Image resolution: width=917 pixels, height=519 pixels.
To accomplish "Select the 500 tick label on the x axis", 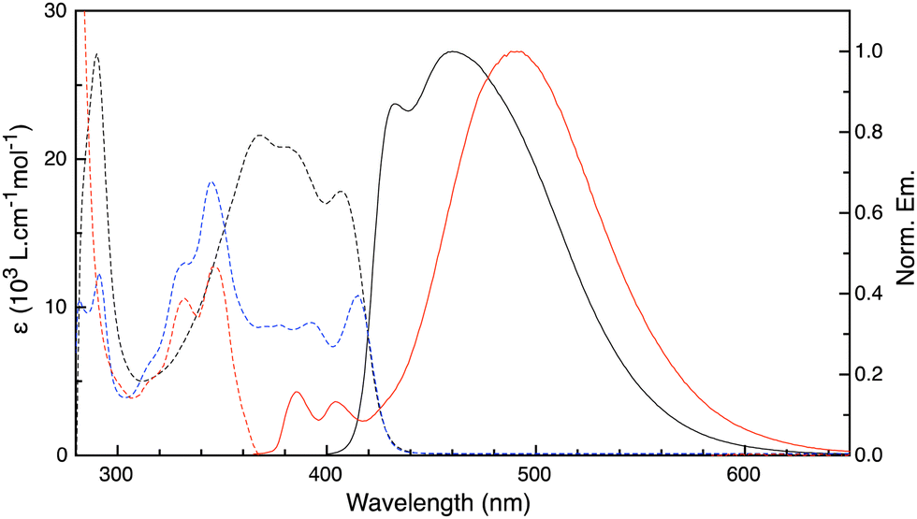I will point(535,477).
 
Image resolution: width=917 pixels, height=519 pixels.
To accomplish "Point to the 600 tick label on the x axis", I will point(744,477).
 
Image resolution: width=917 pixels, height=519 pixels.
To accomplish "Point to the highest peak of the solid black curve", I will point(453,51).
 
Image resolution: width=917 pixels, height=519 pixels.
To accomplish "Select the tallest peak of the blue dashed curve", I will point(211,182).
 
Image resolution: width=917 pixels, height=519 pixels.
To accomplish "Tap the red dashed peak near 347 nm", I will point(216,267).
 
